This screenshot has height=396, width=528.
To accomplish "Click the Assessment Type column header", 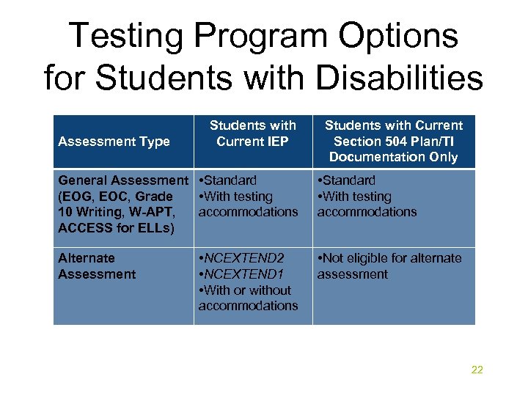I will click(x=114, y=142).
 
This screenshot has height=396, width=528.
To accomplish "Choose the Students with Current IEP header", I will click(x=252, y=133).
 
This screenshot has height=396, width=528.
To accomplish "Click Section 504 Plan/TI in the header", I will click(x=393, y=141).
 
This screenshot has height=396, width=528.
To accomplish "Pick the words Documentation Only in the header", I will click(x=393, y=157).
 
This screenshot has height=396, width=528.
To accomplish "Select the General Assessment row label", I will click(x=122, y=180).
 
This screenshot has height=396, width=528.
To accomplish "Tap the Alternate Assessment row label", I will click(x=96, y=266).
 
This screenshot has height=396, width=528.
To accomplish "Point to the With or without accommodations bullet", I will click(x=248, y=298).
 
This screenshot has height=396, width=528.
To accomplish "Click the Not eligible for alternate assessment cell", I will click(x=389, y=266).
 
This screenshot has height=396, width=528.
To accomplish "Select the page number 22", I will click(x=477, y=370).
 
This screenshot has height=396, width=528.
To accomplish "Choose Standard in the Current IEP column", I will click(x=230, y=180).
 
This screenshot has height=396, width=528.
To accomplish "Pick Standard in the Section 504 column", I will click(x=348, y=180).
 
